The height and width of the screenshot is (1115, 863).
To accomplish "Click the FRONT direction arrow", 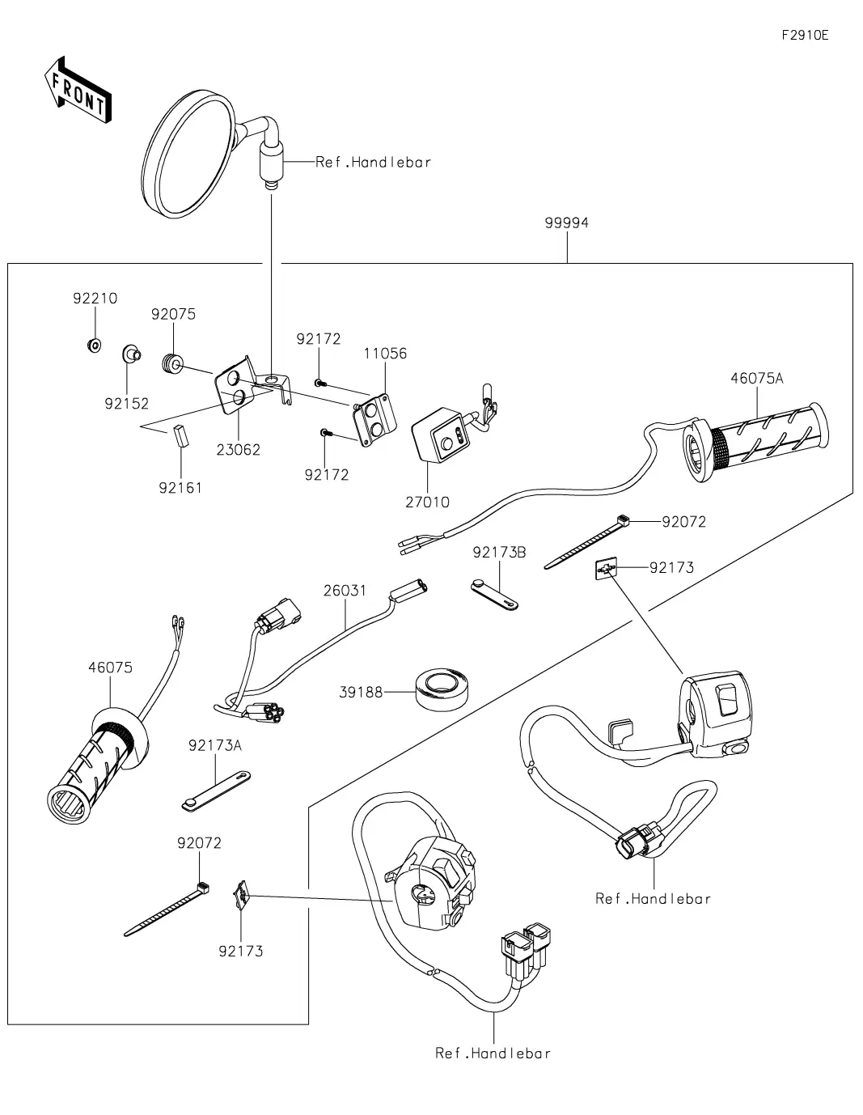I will [x=78, y=88].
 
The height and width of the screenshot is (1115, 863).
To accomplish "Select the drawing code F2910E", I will [x=805, y=35].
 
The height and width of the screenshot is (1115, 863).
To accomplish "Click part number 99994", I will [x=566, y=223].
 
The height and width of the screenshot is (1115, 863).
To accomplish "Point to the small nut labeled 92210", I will [x=94, y=346].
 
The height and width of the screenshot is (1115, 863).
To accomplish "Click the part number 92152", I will [x=126, y=403].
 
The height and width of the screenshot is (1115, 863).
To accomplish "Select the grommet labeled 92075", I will [x=172, y=365].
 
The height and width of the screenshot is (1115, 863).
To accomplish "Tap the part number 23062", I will [x=239, y=449].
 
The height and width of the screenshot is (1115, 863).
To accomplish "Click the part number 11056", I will [x=385, y=354].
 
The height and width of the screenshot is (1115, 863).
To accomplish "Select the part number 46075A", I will [x=757, y=378].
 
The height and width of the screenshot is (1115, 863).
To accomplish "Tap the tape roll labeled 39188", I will [x=441, y=689].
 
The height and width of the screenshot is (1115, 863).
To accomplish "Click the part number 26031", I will [x=345, y=591].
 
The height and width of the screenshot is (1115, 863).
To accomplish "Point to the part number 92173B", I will [x=499, y=552].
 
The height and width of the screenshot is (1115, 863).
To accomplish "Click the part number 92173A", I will [x=215, y=745].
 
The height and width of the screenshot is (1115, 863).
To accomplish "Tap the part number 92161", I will [x=180, y=488].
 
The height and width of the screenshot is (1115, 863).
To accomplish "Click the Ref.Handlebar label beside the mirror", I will [x=373, y=162].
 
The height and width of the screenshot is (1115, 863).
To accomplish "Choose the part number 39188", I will [x=361, y=693].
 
